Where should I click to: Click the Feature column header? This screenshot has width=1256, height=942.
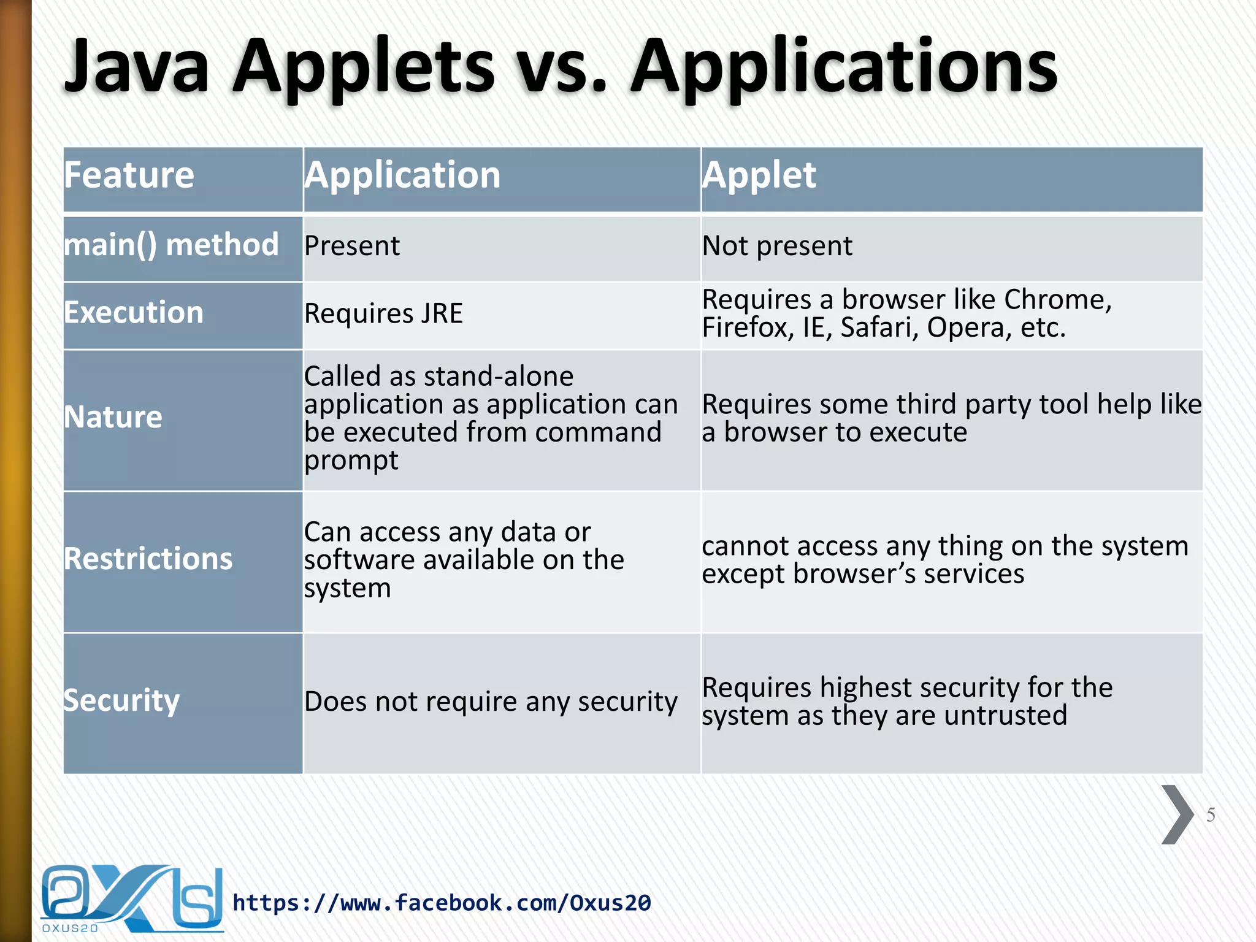click(129, 175)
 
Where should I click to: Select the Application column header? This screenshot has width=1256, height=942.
click(402, 175)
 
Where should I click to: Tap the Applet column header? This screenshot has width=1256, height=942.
click(759, 175)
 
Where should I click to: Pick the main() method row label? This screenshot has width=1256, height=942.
click(171, 245)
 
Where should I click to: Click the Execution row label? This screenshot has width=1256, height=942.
click(134, 313)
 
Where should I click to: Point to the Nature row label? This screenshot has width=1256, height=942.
click(113, 418)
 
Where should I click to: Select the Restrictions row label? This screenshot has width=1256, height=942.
click(148, 559)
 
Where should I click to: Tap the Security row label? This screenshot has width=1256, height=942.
click(121, 701)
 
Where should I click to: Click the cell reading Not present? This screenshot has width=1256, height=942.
click(777, 247)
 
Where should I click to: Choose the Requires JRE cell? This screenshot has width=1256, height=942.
click(383, 314)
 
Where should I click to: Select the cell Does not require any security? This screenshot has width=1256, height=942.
click(491, 702)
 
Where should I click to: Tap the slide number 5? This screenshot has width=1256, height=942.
click(1211, 815)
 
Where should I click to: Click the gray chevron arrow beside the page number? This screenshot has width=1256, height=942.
click(1176, 814)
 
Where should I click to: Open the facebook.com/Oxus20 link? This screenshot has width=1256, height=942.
click(442, 903)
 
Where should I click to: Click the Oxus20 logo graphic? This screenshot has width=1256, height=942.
click(131, 899)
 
